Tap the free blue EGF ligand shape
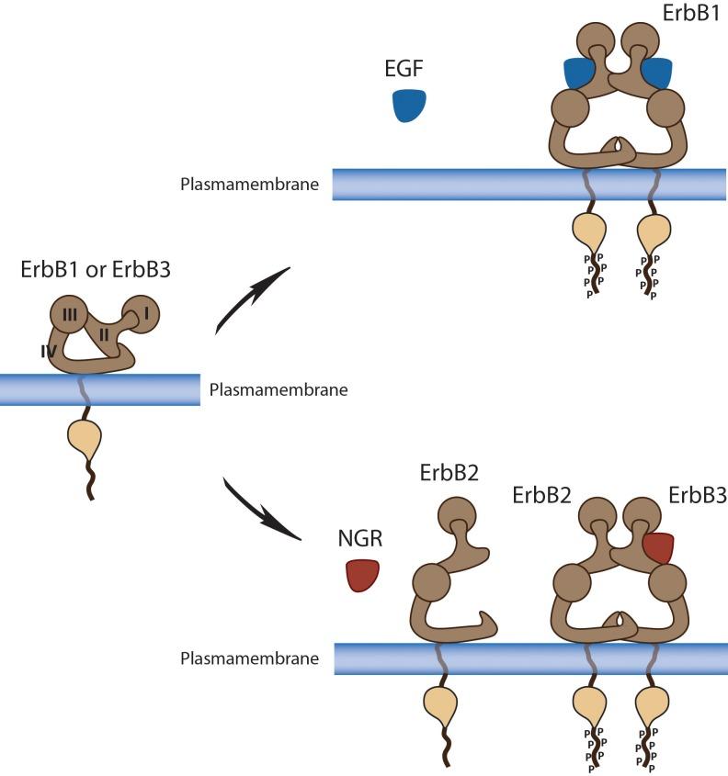[407, 106]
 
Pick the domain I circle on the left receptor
[142, 313]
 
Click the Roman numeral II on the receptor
[105, 334]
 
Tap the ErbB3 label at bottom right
[697, 496]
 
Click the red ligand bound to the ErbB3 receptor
[658, 547]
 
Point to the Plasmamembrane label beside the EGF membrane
[249, 185]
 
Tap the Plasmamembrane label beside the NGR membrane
[249, 658]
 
